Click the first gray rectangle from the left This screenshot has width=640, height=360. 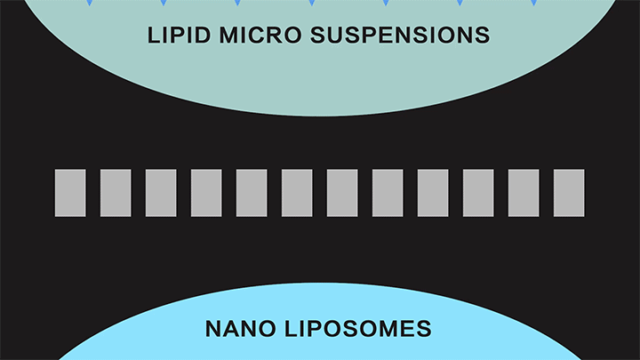coord(70,193)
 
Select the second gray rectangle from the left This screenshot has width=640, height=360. coord(116,193)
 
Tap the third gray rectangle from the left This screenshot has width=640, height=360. coord(161,193)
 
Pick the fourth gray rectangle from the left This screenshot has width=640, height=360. coord(206,193)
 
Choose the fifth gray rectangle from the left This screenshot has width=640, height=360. coord(252,193)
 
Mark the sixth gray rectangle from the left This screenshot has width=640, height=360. coord(297,193)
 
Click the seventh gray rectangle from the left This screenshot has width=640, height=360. coord(342,193)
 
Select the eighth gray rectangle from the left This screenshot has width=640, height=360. coord(388,193)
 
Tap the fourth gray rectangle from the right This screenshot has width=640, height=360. coord(433,193)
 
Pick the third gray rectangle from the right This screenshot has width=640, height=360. coord(478,193)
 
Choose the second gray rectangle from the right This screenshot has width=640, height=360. coord(524,193)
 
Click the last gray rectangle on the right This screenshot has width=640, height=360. coord(569,193)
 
